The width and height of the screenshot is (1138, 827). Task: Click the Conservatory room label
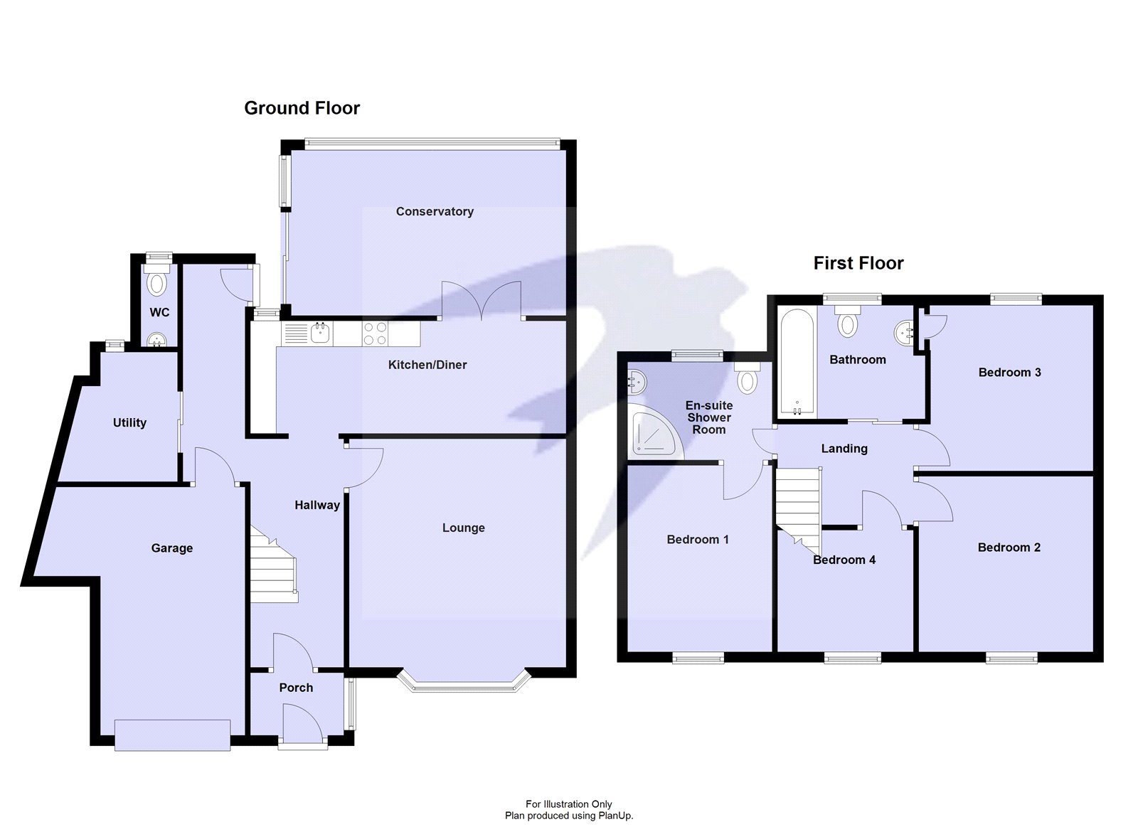click(435, 211)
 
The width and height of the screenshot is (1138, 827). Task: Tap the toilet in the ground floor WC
click(156, 282)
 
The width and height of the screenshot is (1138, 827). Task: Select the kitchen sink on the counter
click(319, 333)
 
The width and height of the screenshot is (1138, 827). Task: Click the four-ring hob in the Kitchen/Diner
click(376, 334)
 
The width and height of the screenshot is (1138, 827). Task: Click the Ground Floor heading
click(302, 108)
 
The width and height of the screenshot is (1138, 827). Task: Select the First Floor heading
click(858, 263)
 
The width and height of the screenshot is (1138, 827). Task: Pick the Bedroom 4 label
click(844, 560)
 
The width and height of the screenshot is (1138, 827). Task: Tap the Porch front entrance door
click(301, 725)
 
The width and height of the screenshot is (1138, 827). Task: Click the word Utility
click(129, 422)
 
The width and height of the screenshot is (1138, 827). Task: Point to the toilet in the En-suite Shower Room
click(747, 380)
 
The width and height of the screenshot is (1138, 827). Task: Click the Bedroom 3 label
click(1009, 372)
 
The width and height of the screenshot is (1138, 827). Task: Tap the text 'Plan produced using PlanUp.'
click(568, 816)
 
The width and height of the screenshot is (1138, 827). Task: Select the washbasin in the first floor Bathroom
click(904, 331)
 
